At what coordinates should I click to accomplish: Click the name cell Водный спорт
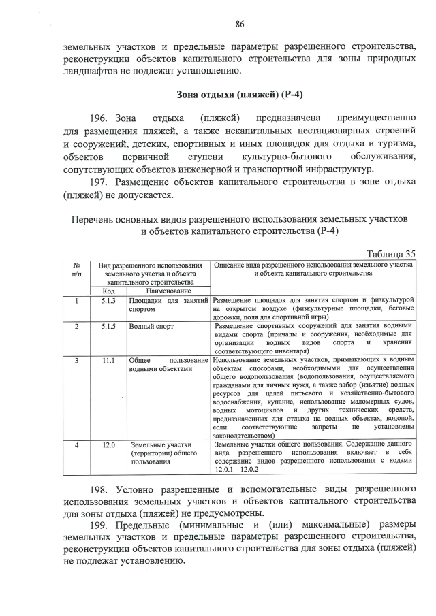pyautogui.click(x=151, y=326)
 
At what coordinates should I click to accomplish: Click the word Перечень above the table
pyautogui.click(x=95, y=219)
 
